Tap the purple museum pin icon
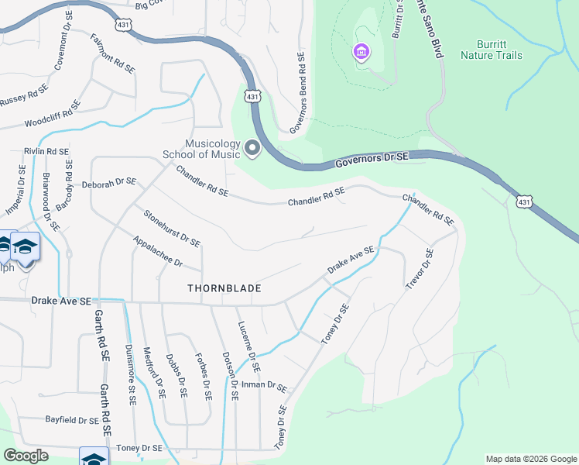361,53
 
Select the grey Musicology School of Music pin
252,147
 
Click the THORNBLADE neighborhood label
224,288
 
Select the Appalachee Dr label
157,252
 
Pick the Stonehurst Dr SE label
171,227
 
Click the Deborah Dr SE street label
109,183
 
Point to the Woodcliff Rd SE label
53,113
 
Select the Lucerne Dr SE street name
250,346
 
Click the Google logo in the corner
26,456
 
